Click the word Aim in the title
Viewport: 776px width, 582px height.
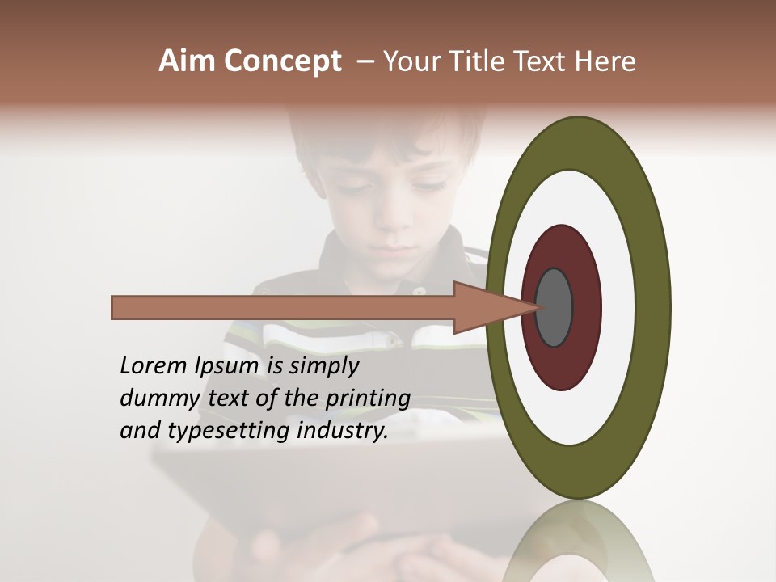pos(188,61)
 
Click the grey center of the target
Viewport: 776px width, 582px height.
pos(555,308)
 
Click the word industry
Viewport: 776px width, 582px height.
pos(343,431)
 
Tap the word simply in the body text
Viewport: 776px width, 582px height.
pos(323,367)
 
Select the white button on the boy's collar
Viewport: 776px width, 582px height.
pos(419,292)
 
